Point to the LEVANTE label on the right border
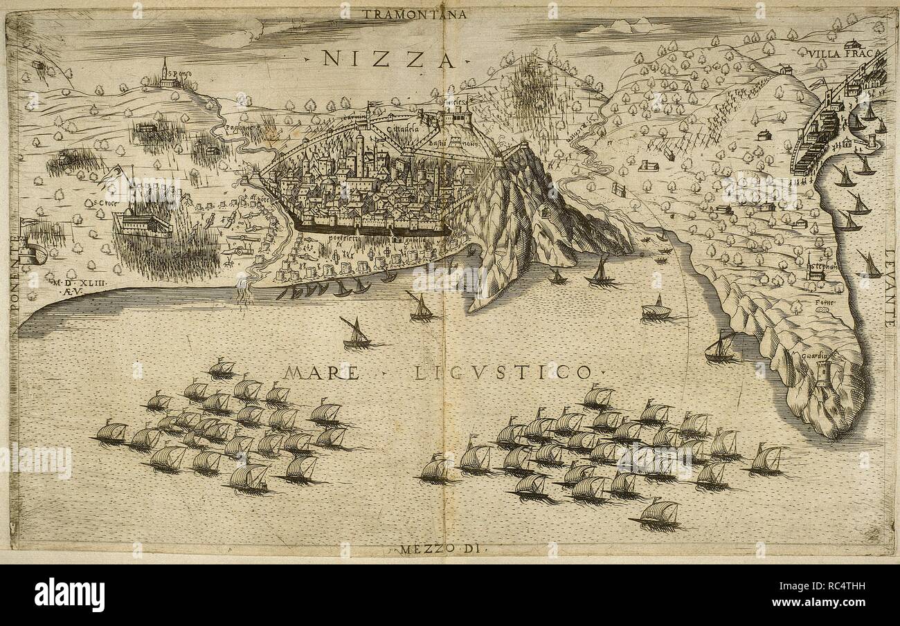click(890, 287)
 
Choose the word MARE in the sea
click(321, 373)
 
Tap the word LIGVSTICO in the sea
click(503, 374)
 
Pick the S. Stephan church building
click(814, 272)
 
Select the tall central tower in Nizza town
click(359, 152)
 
